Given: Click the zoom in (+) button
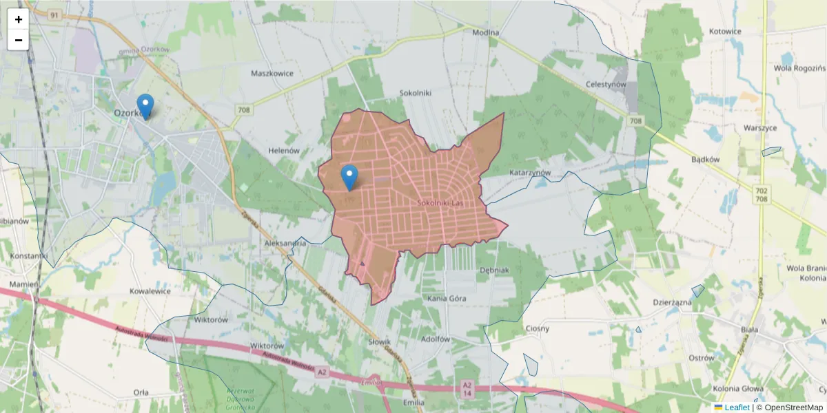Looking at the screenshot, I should coord(19,19).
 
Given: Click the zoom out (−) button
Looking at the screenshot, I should coord(19,40).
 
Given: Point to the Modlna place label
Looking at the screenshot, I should coord(486,32).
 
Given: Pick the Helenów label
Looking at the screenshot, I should coord(283,151).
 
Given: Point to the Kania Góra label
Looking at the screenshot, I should coord(447,299).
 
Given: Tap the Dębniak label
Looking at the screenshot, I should coord(493,271).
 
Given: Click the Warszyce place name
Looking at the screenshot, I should coord(760,128).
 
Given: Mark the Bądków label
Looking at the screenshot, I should coord(705,159).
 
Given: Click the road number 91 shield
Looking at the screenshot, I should coord(54,14).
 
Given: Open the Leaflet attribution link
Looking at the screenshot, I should coord(736,407).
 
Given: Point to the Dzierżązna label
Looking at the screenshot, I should coord(672,302).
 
